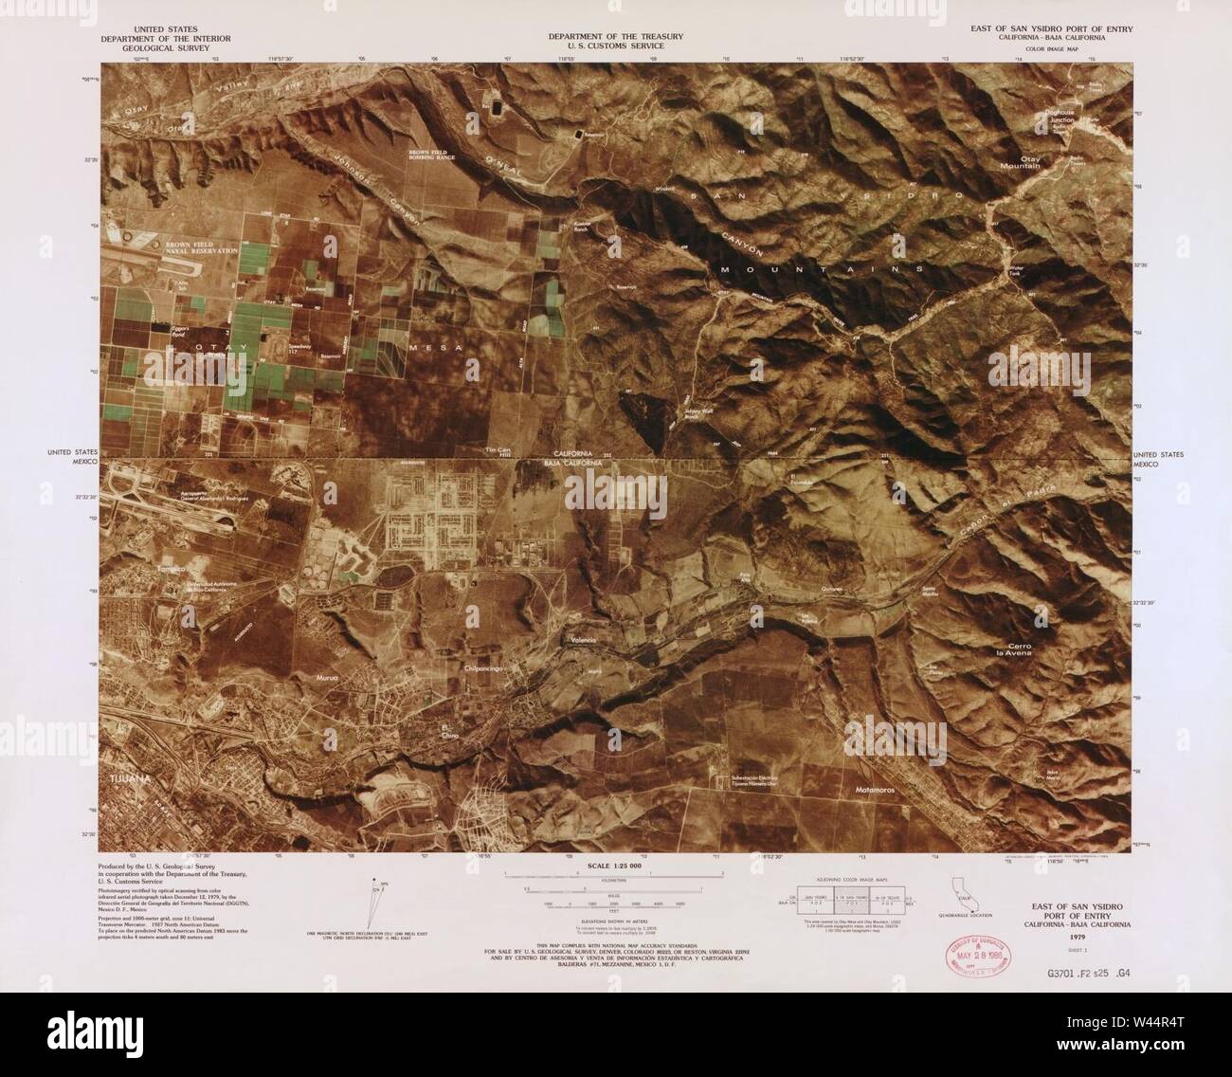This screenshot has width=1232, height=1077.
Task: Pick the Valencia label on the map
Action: (581, 642)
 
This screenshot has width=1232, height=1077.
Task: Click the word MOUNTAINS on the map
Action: (822, 270)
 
